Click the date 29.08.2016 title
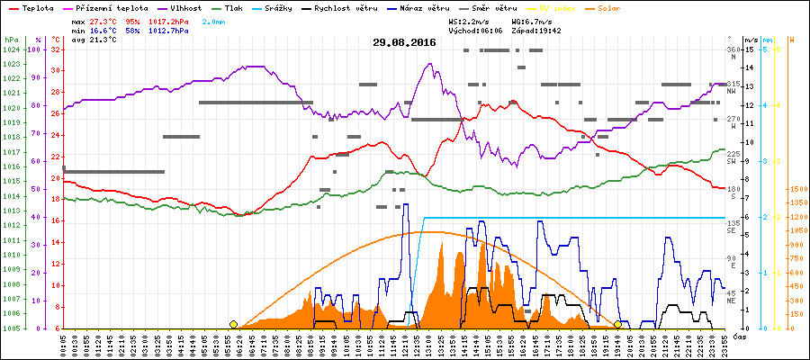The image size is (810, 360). [404, 42]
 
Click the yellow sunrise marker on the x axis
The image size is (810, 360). [234, 324]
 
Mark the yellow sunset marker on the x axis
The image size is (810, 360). [617, 324]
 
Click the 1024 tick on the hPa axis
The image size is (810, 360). [11, 49]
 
